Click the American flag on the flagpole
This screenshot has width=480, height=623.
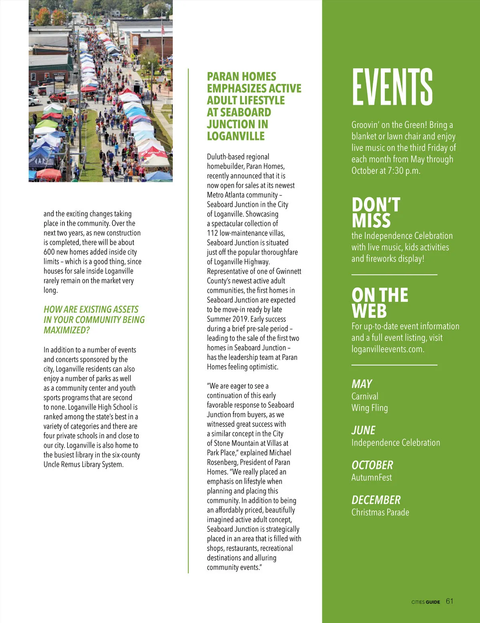(163, 29)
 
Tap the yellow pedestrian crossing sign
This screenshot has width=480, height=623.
(133, 56)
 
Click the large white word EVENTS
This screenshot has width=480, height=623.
(392, 87)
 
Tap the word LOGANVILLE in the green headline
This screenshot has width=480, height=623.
(236, 136)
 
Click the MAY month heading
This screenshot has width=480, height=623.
(362, 384)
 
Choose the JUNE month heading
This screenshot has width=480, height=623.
(363, 430)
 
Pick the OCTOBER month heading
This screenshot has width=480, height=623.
(372, 465)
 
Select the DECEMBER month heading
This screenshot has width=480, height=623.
(376, 500)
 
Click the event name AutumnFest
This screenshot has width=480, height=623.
(372, 477)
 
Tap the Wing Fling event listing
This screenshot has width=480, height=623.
(370, 408)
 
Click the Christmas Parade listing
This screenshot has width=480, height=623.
(380, 512)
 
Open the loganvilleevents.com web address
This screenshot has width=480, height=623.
(387, 349)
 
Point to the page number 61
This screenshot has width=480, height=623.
(450, 601)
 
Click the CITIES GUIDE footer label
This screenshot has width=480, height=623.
(426, 602)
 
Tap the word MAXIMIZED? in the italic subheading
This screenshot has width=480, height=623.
(67, 330)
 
